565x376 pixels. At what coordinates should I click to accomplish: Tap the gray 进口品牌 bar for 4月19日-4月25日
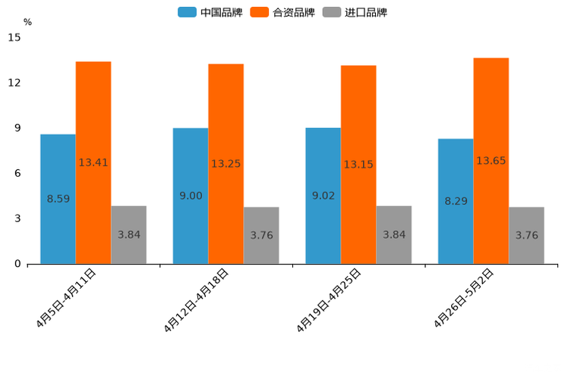[x=393, y=250]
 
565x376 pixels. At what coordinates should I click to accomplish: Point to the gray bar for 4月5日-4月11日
[x=128, y=250]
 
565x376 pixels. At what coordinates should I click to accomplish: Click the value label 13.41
[x=93, y=163]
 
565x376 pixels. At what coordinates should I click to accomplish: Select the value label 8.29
[x=456, y=201]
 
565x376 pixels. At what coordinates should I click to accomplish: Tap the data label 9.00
[x=191, y=196]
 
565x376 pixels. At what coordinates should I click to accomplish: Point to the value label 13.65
[x=491, y=161]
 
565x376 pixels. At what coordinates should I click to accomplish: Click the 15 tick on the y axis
[x=14, y=37]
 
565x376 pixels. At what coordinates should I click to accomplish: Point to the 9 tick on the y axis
[x=17, y=128]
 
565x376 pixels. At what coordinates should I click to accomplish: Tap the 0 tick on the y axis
[x=17, y=264]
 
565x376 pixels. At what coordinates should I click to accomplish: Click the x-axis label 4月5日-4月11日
[x=67, y=297]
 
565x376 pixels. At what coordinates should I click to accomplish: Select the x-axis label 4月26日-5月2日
[x=465, y=297]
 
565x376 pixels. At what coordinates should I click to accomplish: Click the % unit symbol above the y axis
[x=27, y=22]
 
